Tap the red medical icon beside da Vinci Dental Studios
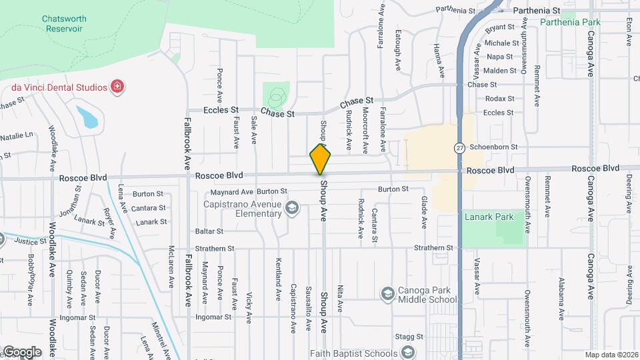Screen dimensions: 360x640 (117, 87)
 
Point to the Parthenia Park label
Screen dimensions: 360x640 (570, 22)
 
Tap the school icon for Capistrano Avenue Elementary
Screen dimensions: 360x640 (291, 209)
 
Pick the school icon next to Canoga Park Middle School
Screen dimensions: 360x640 (387, 293)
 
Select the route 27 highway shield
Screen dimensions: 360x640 (460, 147)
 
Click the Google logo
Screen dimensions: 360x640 (22, 351)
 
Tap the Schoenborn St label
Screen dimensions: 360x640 (493, 147)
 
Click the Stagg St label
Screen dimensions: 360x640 (409, 337)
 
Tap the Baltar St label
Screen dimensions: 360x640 (208, 231)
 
